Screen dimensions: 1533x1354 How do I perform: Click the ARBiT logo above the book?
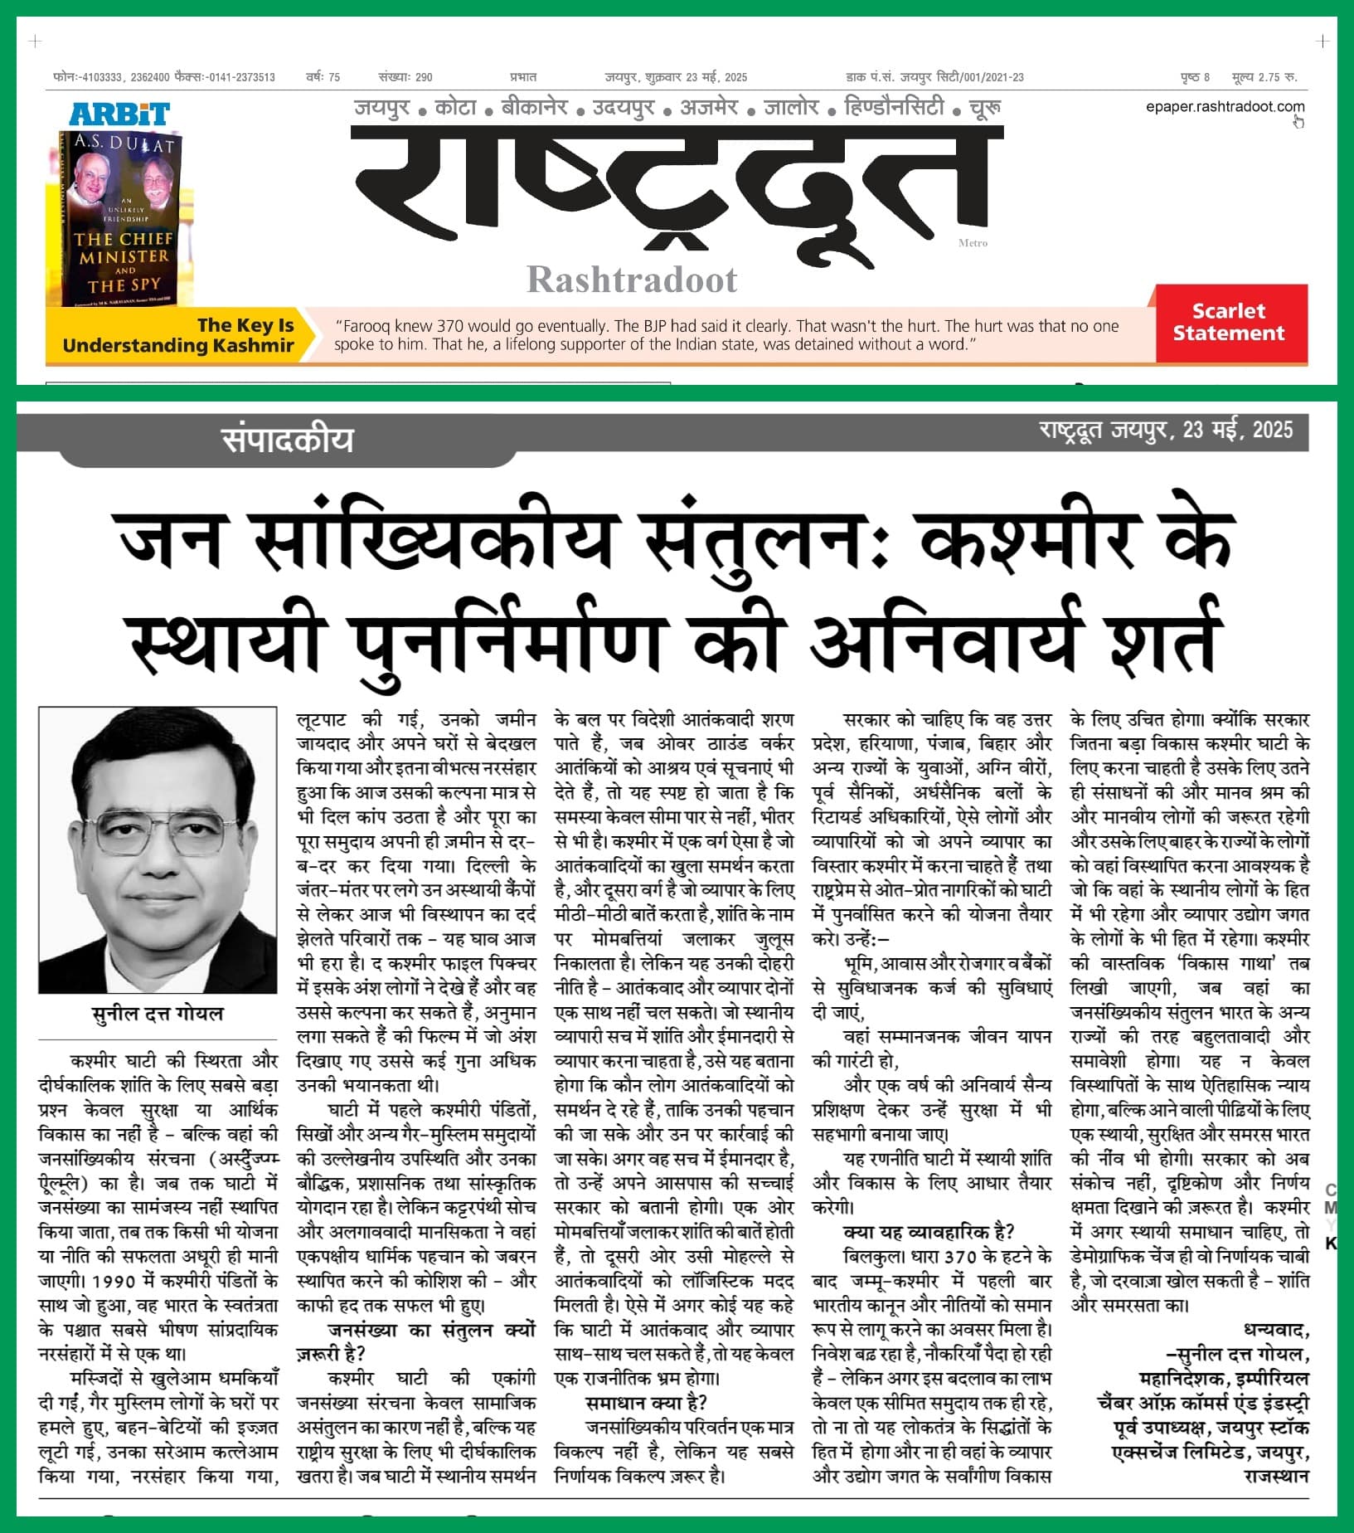(119, 114)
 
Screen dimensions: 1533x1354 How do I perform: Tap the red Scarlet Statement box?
(1229, 322)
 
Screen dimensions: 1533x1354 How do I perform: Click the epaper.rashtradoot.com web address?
(1225, 106)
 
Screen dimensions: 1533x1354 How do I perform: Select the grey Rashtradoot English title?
(632, 280)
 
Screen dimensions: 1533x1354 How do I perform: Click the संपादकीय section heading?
(287, 440)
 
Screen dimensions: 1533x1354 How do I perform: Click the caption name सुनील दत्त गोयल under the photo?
(158, 1014)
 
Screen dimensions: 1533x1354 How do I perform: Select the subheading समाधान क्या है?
(646, 1403)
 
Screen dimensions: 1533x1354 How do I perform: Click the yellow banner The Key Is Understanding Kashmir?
(177, 335)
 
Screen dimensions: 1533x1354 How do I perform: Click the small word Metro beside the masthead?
(973, 243)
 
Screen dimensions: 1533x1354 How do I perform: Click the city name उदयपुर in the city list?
(623, 107)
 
